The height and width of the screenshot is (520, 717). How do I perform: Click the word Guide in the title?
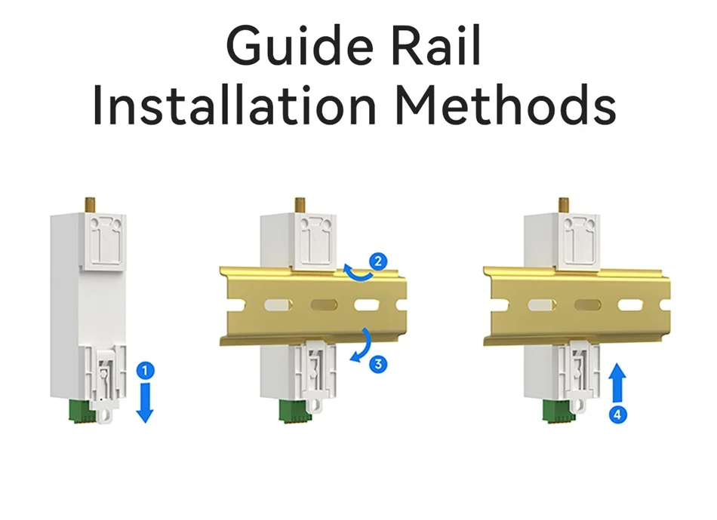point(300,46)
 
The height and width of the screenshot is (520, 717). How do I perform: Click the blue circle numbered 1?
point(146,370)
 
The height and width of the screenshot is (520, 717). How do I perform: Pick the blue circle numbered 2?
point(378,262)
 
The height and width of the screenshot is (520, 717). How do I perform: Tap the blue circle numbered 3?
point(378,364)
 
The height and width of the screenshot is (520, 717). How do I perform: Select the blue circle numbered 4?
point(618,414)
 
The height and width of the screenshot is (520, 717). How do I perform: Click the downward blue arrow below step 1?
point(145,402)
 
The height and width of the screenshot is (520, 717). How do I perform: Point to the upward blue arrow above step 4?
point(617,383)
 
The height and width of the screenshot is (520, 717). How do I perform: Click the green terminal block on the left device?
point(81,411)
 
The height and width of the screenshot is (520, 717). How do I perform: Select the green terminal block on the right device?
point(555,411)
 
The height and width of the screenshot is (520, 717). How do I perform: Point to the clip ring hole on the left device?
point(106,415)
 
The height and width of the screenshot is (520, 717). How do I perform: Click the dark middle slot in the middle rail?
point(325,304)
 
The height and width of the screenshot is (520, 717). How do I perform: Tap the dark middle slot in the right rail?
point(588,304)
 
